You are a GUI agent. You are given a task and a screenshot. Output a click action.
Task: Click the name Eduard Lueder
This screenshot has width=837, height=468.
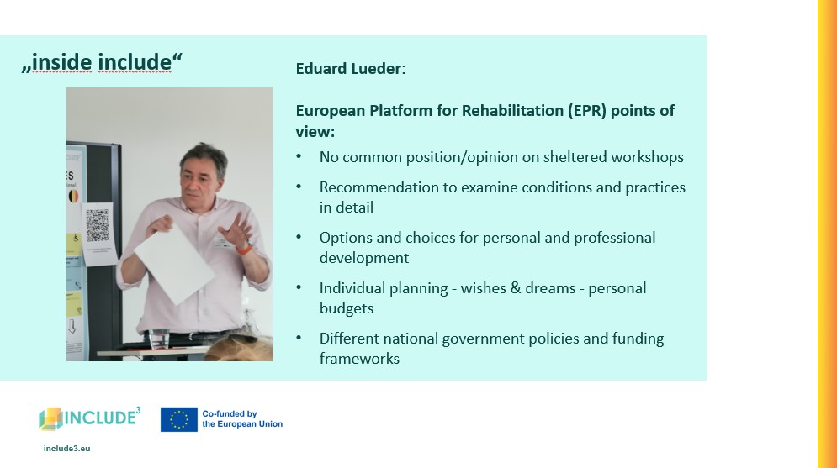pyautogui.click(x=348, y=69)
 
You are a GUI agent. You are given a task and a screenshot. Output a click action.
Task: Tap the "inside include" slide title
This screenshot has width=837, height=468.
pyautogui.click(x=102, y=62)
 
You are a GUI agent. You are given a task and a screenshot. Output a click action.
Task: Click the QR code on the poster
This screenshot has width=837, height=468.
pyautogui.click(x=98, y=225)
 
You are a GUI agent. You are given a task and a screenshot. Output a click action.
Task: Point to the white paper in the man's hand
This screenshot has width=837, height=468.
pyautogui.click(x=174, y=264)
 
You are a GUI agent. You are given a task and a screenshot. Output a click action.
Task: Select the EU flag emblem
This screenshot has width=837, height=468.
pyautogui.click(x=179, y=419)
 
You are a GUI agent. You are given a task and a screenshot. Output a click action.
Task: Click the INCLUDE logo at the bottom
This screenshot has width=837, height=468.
pyautogui.click(x=90, y=418)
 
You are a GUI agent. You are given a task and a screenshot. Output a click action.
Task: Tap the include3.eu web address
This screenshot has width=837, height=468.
pyautogui.click(x=66, y=449)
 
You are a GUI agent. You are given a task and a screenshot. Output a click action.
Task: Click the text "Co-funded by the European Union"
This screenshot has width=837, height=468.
pyautogui.click(x=242, y=419)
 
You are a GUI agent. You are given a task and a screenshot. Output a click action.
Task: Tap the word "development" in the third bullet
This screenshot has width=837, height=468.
pyautogui.click(x=364, y=258)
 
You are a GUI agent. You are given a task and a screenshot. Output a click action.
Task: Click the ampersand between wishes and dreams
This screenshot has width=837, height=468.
pyautogui.click(x=515, y=288)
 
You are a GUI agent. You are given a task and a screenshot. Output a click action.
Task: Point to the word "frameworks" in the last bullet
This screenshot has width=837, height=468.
pyautogui.click(x=359, y=359)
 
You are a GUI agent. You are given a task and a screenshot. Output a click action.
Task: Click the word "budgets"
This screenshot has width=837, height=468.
pyautogui.click(x=347, y=308)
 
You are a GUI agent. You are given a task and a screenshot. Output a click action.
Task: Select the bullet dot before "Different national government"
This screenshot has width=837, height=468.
pyautogui.click(x=299, y=338)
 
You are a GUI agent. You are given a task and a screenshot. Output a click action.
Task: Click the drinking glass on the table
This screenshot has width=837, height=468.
pyautogui.click(x=158, y=339)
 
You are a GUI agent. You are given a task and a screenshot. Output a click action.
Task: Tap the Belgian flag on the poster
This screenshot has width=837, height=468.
pyautogui.click(x=73, y=196)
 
